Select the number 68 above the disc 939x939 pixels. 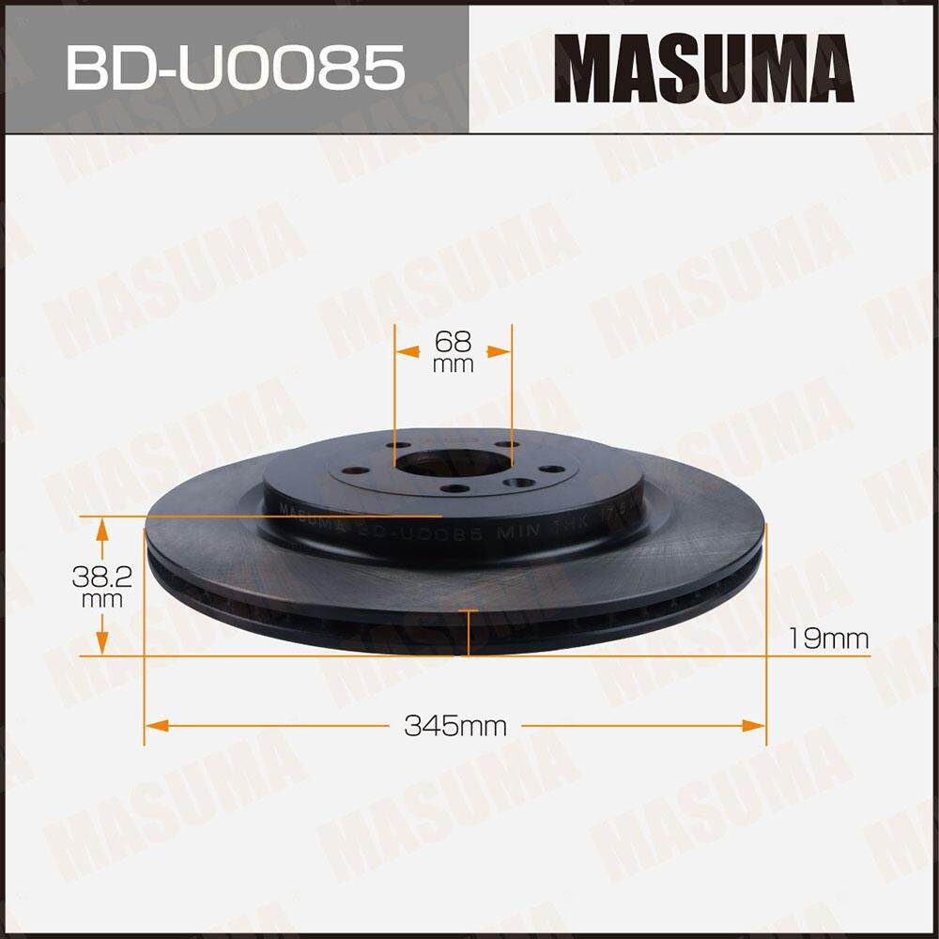click(x=453, y=340)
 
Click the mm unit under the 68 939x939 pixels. click(x=453, y=365)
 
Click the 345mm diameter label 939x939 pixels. click(x=455, y=725)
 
